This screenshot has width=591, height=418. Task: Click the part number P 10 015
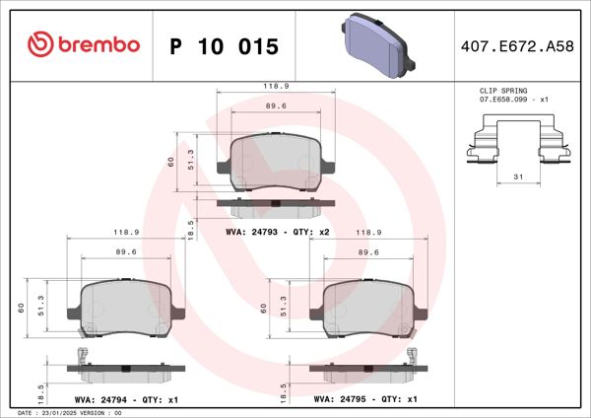tap(225, 46)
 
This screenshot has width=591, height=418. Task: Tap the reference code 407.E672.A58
tap(518, 46)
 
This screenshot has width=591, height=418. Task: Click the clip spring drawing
tap(515, 141)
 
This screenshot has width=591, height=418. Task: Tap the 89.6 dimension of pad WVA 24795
tap(367, 251)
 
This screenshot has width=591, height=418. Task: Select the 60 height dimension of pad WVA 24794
tap(22, 307)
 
